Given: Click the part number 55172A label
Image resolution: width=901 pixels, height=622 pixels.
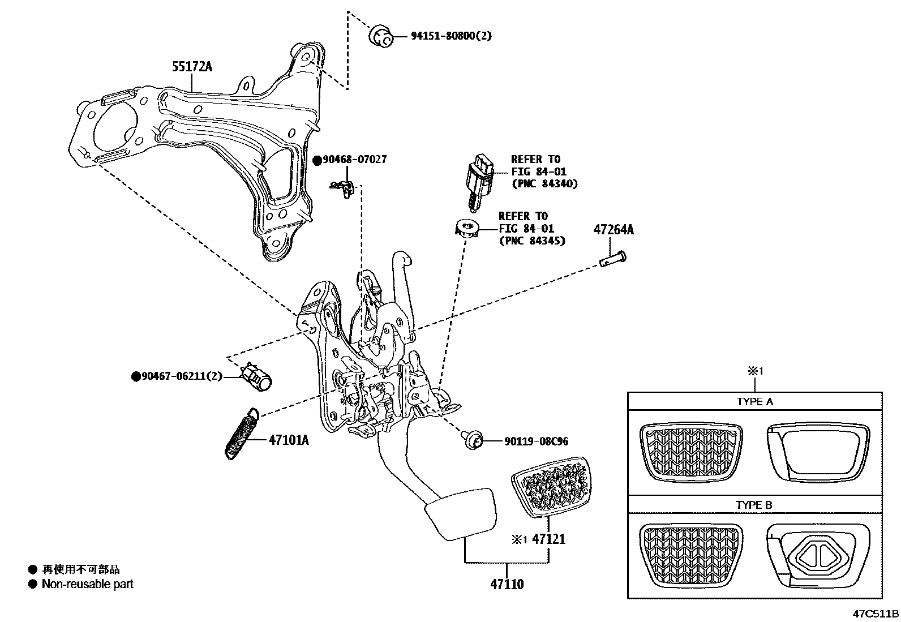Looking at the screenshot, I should (192, 67).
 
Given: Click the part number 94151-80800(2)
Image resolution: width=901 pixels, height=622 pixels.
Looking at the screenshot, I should (451, 36).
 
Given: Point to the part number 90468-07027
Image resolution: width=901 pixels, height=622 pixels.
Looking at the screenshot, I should (354, 160).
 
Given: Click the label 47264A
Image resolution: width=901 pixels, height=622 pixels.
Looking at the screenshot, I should (613, 230).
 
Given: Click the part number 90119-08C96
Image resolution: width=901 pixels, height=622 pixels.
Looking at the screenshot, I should (528, 441).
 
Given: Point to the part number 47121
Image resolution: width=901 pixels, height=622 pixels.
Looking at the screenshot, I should (549, 539).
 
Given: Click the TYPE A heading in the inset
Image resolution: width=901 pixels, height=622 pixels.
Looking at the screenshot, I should (754, 402).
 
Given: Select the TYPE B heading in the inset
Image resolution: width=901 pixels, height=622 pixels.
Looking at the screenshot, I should (754, 504).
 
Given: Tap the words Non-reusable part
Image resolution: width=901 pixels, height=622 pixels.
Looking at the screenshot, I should (88, 584).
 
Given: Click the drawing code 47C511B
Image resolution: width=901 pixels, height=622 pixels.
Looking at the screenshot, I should (876, 614).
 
